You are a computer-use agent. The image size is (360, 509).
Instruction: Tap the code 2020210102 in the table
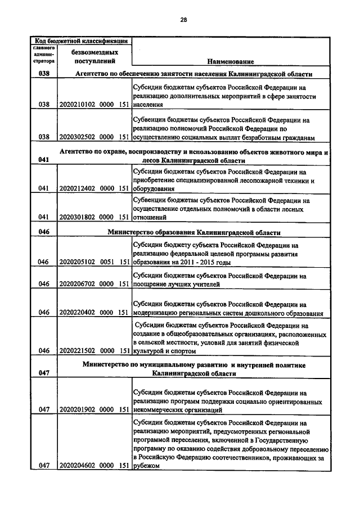(x=78, y=105)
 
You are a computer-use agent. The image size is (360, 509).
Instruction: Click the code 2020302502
(x=78, y=137)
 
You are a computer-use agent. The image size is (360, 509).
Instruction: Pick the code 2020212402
(x=78, y=189)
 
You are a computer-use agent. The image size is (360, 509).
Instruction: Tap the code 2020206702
(x=78, y=284)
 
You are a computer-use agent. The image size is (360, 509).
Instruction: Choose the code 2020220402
(x=78, y=313)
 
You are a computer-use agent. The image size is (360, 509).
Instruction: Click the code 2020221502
(x=78, y=350)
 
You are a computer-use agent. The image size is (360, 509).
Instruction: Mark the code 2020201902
(x=78, y=410)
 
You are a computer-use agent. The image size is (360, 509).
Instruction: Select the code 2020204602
(x=78, y=465)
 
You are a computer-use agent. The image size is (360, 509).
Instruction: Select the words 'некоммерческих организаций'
(x=177, y=410)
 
